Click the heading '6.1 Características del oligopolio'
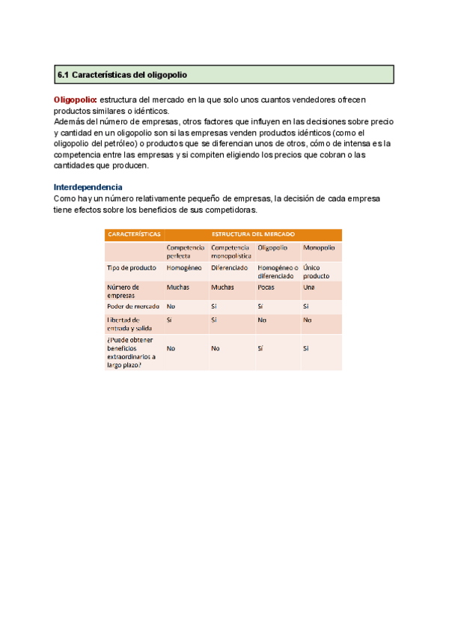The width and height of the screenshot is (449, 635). (123, 75)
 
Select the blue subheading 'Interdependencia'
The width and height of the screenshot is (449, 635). (88, 186)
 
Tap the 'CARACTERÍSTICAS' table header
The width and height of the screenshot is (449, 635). (134, 234)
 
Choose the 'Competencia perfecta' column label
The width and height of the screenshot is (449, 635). (186, 251)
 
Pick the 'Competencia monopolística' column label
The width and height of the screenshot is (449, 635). (230, 251)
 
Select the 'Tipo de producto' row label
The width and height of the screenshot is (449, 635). (132, 267)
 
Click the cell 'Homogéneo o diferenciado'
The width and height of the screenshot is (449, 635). (278, 271)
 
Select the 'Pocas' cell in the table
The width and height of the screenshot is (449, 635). (266, 287)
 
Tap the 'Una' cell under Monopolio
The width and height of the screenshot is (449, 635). (309, 287)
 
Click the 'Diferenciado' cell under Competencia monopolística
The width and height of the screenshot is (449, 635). (229, 267)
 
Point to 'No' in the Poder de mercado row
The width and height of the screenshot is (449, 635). (171, 306)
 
